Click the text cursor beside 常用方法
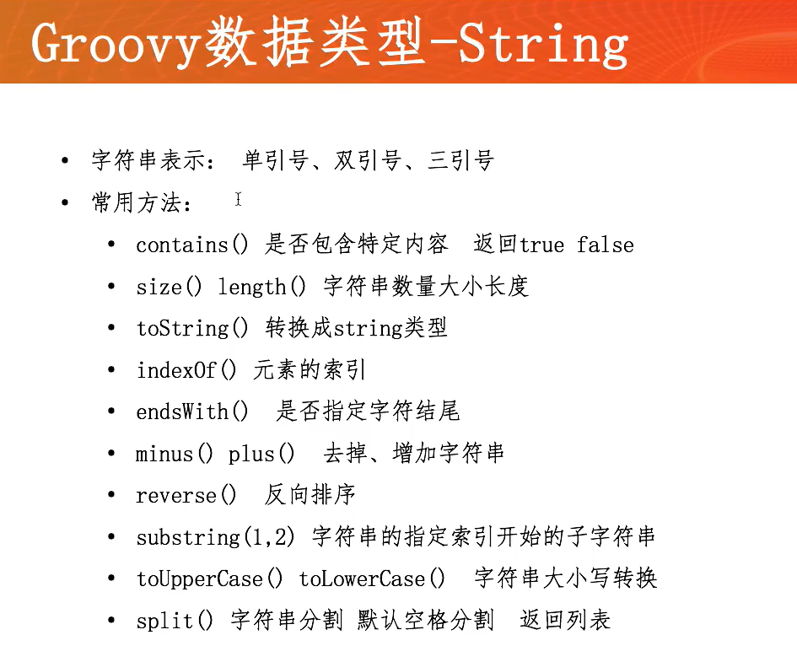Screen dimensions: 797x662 click(238, 199)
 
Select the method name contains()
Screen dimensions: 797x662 click(192, 245)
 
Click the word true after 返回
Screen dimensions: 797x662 click(541, 245)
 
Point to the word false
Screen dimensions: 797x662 click(606, 245)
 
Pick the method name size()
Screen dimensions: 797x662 click(169, 287)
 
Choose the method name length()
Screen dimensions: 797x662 click(261, 287)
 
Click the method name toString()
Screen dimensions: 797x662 click(192, 328)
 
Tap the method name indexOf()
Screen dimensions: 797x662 click(186, 370)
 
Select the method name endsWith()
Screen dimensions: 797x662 click(192, 412)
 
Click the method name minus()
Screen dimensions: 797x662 click(175, 454)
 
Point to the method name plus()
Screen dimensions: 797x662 click(261, 454)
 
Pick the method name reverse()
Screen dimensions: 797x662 click(186, 495)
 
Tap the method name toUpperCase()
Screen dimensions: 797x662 click(209, 579)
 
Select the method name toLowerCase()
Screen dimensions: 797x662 click(372, 579)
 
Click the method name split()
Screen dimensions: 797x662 click(175, 621)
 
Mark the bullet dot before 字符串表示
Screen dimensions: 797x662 click(65, 160)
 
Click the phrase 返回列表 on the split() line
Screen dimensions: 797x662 click(565, 620)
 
